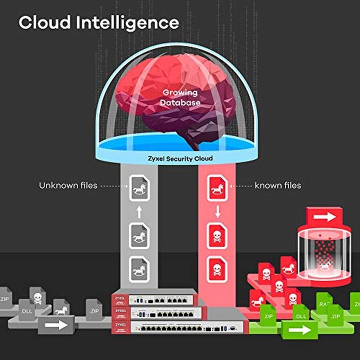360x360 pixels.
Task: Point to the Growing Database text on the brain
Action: coord(179,97)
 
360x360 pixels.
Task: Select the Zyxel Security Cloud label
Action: coord(179,158)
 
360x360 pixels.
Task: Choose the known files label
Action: coord(278,185)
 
